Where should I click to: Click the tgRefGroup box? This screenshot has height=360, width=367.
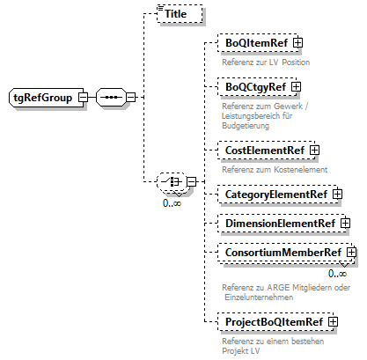pyautogui.click(x=42, y=96)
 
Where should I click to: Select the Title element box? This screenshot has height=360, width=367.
pyautogui.click(x=178, y=15)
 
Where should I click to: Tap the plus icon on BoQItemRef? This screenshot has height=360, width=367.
pyautogui.click(x=298, y=42)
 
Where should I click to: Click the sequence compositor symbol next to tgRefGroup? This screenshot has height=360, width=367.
pyautogui.click(x=110, y=96)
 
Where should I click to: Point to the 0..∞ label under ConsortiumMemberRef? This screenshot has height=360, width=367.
pyautogui.click(x=337, y=273)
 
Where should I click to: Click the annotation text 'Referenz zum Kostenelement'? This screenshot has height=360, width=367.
pyautogui.click(x=275, y=169)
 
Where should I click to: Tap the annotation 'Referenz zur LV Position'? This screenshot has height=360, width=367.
pyautogui.click(x=266, y=62)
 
